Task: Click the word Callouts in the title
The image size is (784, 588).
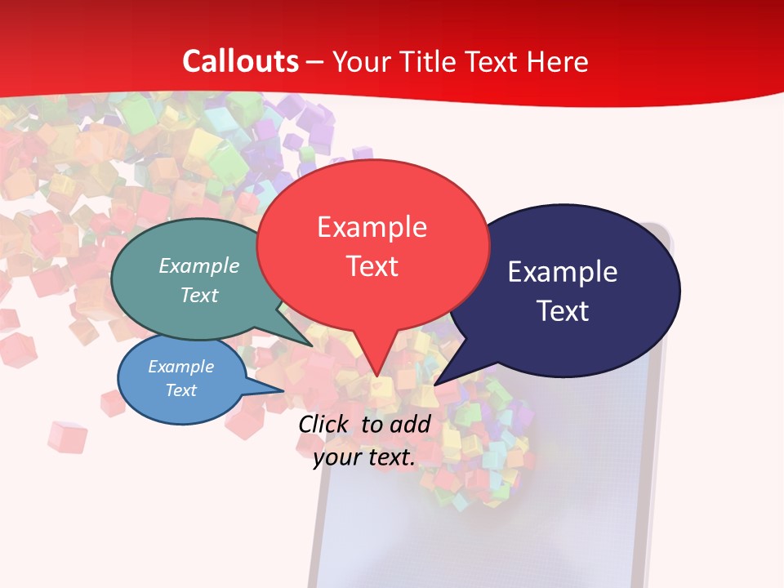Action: (x=240, y=61)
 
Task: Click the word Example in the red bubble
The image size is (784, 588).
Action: (x=372, y=227)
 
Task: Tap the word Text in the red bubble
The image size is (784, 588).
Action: (x=372, y=266)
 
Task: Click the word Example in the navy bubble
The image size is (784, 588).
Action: (x=563, y=272)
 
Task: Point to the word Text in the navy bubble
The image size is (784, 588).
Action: (x=563, y=311)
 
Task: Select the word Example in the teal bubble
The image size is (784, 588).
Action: (x=199, y=265)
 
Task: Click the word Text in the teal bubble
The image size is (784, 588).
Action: (x=199, y=295)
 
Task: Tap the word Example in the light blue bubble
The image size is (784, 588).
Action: (x=180, y=367)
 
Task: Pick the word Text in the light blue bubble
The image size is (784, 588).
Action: (x=180, y=390)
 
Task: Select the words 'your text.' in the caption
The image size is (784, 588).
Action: (x=364, y=457)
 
